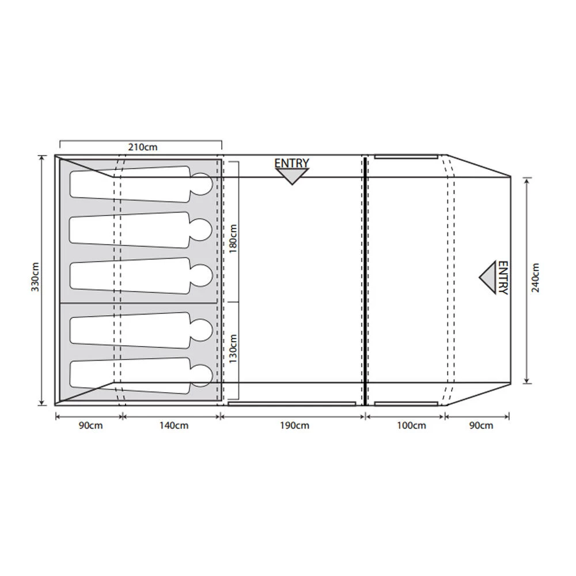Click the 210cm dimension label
click(142, 147)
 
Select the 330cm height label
click(35, 276)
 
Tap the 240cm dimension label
click(535, 278)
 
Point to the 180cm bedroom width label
click(233, 238)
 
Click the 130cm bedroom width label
click(233, 348)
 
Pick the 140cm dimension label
click(174, 426)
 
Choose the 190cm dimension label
click(294, 426)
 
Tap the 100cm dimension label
click(411, 426)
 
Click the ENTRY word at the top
click(291, 163)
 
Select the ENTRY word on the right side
click(502, 278)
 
